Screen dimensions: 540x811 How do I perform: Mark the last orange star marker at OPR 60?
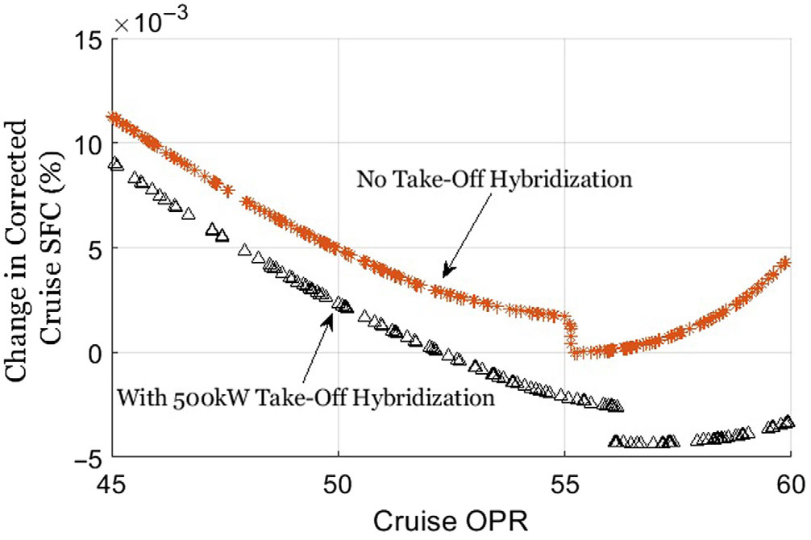[x=787, y=263]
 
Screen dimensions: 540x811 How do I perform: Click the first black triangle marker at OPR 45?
[x=115, y=163]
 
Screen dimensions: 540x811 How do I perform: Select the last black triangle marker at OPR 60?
[x=788, y=422]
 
